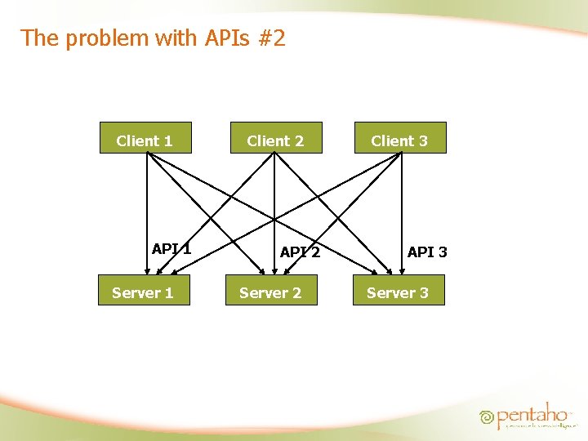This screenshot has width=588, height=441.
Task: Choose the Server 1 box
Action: tap(144, 292)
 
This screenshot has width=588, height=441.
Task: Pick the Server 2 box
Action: tap(270, 292)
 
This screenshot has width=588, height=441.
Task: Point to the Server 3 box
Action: tap(399, 292)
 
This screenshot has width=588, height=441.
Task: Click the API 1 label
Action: tap(171, 249)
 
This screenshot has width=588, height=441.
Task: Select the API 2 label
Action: tap(299, 252)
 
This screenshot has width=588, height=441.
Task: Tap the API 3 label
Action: tap(427, 252)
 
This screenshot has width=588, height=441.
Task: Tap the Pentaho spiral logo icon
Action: tap(487, 416)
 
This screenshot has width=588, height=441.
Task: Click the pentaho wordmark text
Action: tap(532, 413)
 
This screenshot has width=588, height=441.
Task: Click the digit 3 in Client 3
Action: tap(422, 140)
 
